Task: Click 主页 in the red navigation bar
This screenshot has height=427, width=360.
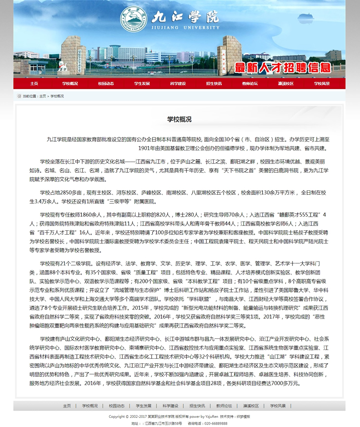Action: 34,83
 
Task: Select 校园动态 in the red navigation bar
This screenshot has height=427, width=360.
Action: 106,83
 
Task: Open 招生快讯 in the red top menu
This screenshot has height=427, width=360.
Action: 214,83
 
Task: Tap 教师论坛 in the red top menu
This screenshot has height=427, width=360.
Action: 250,83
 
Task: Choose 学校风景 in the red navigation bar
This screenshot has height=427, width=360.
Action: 322,83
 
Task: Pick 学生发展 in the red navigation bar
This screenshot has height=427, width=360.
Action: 142,83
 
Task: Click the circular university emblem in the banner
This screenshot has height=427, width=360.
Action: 133,19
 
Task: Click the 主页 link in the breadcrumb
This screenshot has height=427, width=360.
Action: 43,96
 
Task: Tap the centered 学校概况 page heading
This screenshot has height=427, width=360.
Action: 180,119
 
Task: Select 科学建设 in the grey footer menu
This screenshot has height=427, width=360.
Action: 170,406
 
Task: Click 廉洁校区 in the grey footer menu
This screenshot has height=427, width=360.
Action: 251,406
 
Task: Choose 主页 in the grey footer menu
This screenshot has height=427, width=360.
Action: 67,406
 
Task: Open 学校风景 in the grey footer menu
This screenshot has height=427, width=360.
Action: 278,406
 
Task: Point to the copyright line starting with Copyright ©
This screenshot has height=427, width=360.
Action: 179,417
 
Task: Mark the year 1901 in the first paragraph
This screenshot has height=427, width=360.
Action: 145,148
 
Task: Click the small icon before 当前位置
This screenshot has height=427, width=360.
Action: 19,96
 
